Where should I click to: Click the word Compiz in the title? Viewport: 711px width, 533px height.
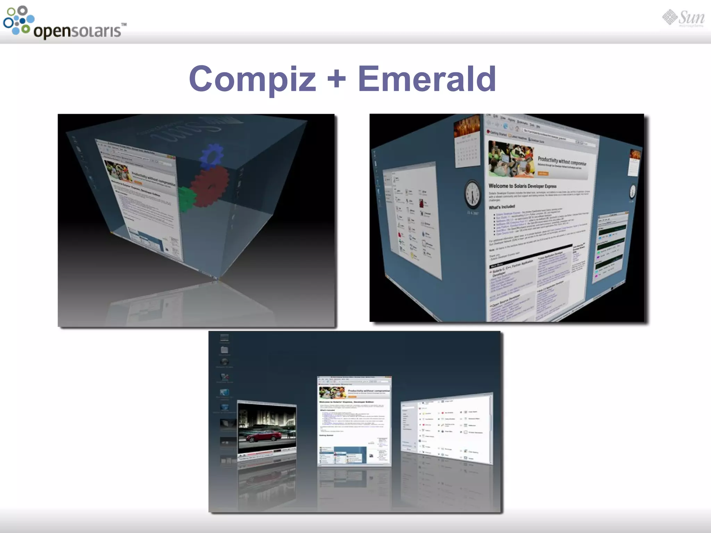tap(252, 79)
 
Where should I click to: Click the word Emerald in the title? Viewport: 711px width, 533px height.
tap(427, 79)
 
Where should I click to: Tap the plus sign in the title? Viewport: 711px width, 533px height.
tap(336, 79)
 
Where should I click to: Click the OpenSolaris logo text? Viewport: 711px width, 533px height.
tap(77, 31)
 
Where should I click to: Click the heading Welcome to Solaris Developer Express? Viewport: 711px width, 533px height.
tap(522, 186)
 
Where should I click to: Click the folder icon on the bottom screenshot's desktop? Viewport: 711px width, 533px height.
tap(225, 350)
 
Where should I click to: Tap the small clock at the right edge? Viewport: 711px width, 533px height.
tap(633, 191)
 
